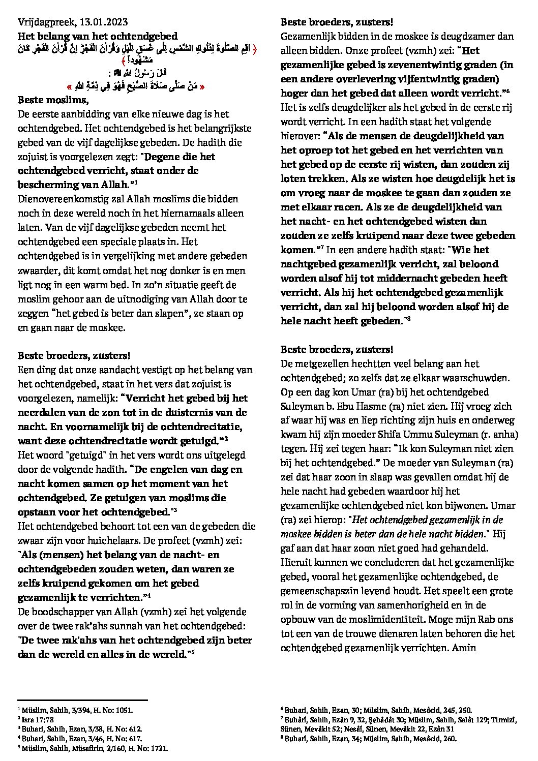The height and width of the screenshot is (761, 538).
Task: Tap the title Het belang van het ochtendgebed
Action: [x=98, y=36]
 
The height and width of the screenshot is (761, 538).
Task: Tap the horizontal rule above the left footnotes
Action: [x=82, y=700]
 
